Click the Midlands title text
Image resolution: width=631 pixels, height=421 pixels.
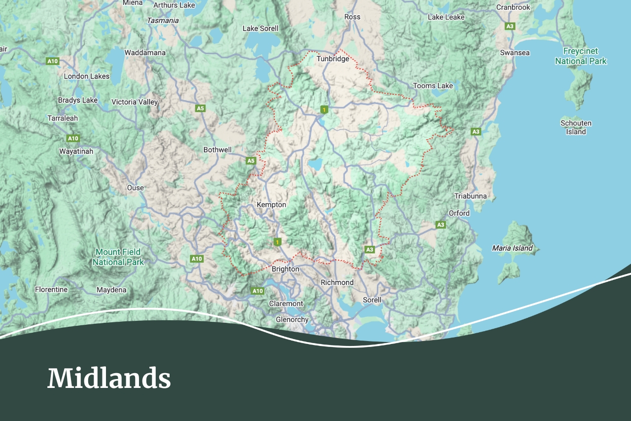pos(109,379)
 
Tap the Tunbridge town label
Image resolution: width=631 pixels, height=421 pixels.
pos(333,59)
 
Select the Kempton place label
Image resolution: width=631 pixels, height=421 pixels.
pos(271,204)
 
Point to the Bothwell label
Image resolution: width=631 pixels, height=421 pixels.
pos(217,150)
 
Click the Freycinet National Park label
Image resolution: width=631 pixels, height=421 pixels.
pos(581,56)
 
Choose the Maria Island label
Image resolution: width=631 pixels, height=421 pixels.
pos(512,248)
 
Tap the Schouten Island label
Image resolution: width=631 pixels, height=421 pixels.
pos(576,127)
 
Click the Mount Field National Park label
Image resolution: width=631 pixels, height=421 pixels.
pos(118,257)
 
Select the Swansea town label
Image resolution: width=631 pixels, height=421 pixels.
pos(515,53)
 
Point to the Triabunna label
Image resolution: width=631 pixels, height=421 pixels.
pos(470,196)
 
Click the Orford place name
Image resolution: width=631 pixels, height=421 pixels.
pos(459,213)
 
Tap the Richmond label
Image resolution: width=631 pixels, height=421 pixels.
pos(337,282)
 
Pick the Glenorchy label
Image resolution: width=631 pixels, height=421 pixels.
pos(292,319)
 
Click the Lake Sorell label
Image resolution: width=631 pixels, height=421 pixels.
pos(260,29)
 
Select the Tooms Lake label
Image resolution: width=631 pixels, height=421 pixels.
pos(433,86)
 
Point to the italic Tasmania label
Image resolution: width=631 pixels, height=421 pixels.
pos(163,21)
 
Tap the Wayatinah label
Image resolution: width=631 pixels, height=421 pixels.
pos(76,151)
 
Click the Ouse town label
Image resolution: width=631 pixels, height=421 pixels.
pos(135,188)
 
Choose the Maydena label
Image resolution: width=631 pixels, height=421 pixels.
pos(111,290)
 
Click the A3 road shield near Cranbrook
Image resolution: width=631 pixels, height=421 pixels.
pos(510,26)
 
